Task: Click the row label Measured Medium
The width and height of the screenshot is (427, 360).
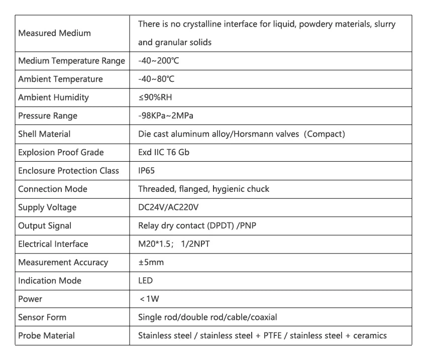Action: pyautogui.click(x=54, y=33)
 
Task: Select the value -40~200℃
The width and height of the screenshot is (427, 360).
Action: pyautogui.click(x=158, y=61)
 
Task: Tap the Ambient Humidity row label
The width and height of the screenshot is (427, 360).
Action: pyautogui.click(x=54, y=97)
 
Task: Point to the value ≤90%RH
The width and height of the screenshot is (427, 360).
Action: pyautogui.click(x=155, y=97)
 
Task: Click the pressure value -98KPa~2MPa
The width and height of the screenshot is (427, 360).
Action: pyautogui.click(x=166, y=115)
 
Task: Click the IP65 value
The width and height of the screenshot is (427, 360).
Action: pyautogui.click(x=146, y=171)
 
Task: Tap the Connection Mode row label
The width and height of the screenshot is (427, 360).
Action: pyautogui.click(x=53, y=189)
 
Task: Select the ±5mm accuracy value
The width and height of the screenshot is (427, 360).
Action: pyautogui.click(x=151, y=262)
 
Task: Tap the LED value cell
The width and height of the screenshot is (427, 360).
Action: pyautogui.click(x=145, y=280)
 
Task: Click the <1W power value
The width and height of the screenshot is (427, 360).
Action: pyautogui.click(x=150, y=299)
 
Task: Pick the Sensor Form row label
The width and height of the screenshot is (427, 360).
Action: pyautogui.click(x=42, y=317)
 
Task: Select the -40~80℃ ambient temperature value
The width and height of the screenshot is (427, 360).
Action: pyautogui.click(x=156, y=79)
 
